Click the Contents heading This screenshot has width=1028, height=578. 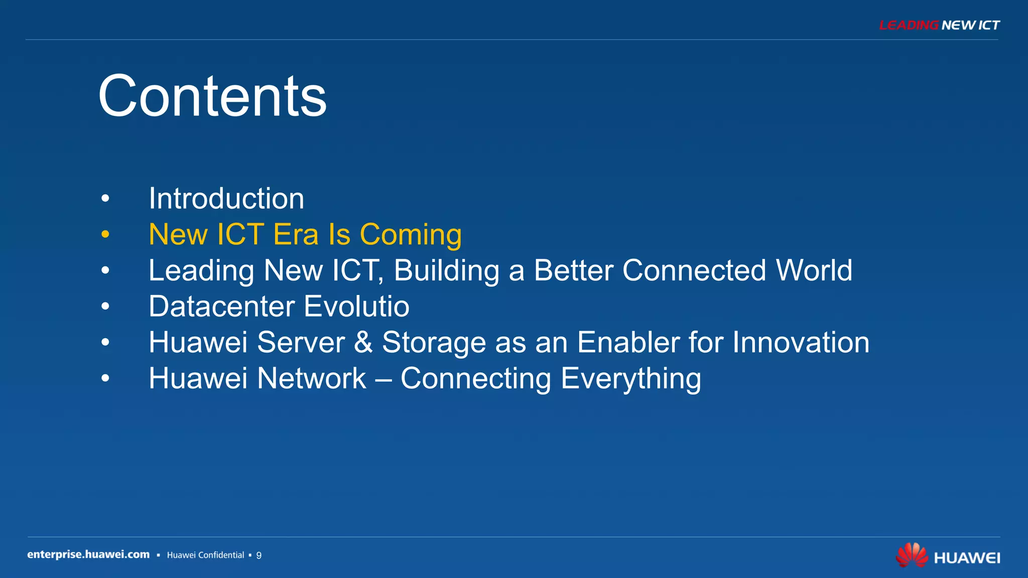212,96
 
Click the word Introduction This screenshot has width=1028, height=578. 226,199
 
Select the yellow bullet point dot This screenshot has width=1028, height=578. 105,234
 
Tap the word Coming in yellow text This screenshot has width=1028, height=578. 411,235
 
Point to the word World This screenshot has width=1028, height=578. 814,270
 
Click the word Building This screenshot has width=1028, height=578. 446,271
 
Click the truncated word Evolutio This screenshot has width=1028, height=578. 356,307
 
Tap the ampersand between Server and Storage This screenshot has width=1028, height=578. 363,343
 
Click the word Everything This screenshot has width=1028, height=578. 630,379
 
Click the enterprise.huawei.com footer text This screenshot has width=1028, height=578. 88,554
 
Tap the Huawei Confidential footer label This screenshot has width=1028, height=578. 205,555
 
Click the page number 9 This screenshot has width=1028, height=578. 259,555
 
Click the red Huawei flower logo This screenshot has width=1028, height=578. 912,555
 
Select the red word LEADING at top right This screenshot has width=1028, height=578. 909,25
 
